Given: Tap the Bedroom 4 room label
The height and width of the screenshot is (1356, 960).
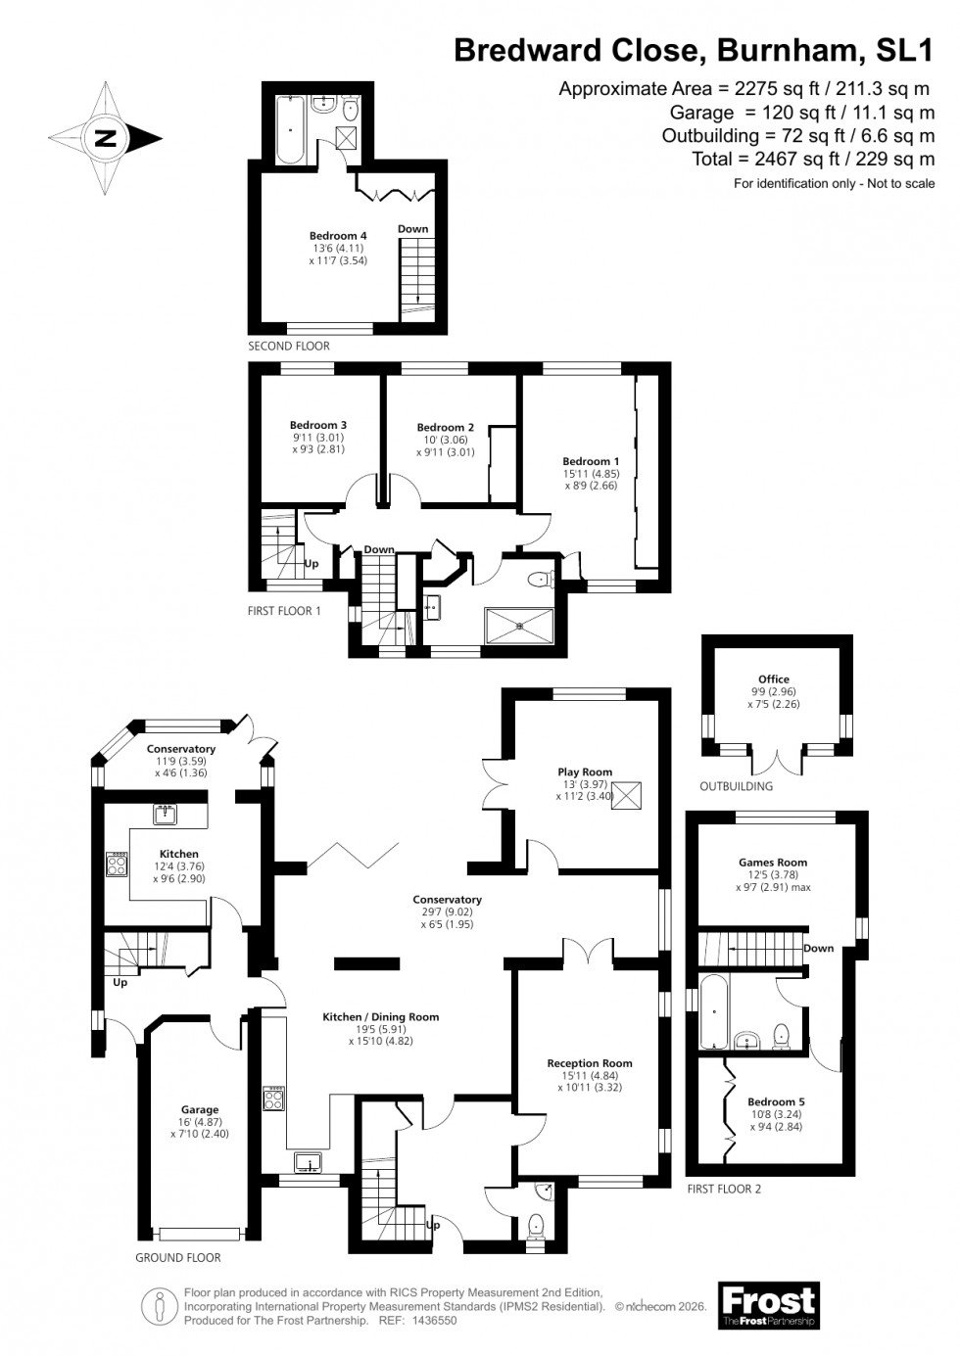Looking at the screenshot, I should point(338,236).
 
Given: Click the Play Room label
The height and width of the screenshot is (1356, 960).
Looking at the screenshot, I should point(584,772).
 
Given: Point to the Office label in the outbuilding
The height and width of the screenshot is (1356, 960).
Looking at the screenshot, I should point(773,678).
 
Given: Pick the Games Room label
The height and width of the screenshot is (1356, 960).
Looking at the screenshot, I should point(773,863).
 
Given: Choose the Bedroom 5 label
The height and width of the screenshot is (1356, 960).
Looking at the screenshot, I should point(776,1101).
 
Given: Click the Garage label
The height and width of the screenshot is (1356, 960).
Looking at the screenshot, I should point(200,1110).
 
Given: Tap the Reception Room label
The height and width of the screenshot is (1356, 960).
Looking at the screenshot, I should point(590,1063).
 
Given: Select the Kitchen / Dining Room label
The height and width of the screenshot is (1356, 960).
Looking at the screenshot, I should point(381,1017).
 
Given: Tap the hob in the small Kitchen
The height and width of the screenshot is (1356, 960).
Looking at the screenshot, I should point(117,864).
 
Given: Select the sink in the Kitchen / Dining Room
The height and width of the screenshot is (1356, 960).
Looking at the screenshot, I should point(310,1162).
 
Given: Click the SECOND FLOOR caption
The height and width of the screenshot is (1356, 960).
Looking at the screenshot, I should point(289,346).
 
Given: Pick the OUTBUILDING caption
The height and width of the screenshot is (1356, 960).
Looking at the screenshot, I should point(736,786).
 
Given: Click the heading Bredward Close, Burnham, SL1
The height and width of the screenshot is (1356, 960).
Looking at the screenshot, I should point(694,51).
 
